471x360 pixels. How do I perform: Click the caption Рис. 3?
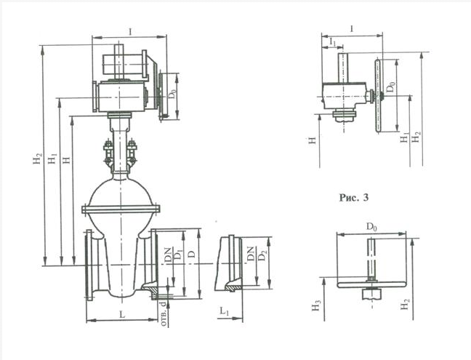coord(354,198)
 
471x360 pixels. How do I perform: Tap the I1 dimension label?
coord(332,41)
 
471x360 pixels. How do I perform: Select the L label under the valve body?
coord(122,315)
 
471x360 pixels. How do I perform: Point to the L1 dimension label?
coord(225,311)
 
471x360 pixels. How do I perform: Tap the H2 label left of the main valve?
coord(37,159)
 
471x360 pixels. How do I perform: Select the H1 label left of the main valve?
coord(52,159)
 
